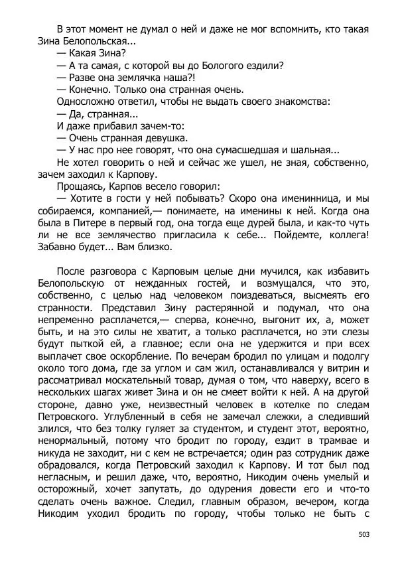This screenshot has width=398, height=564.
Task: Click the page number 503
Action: pyautogui.click(x=363, y=534)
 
